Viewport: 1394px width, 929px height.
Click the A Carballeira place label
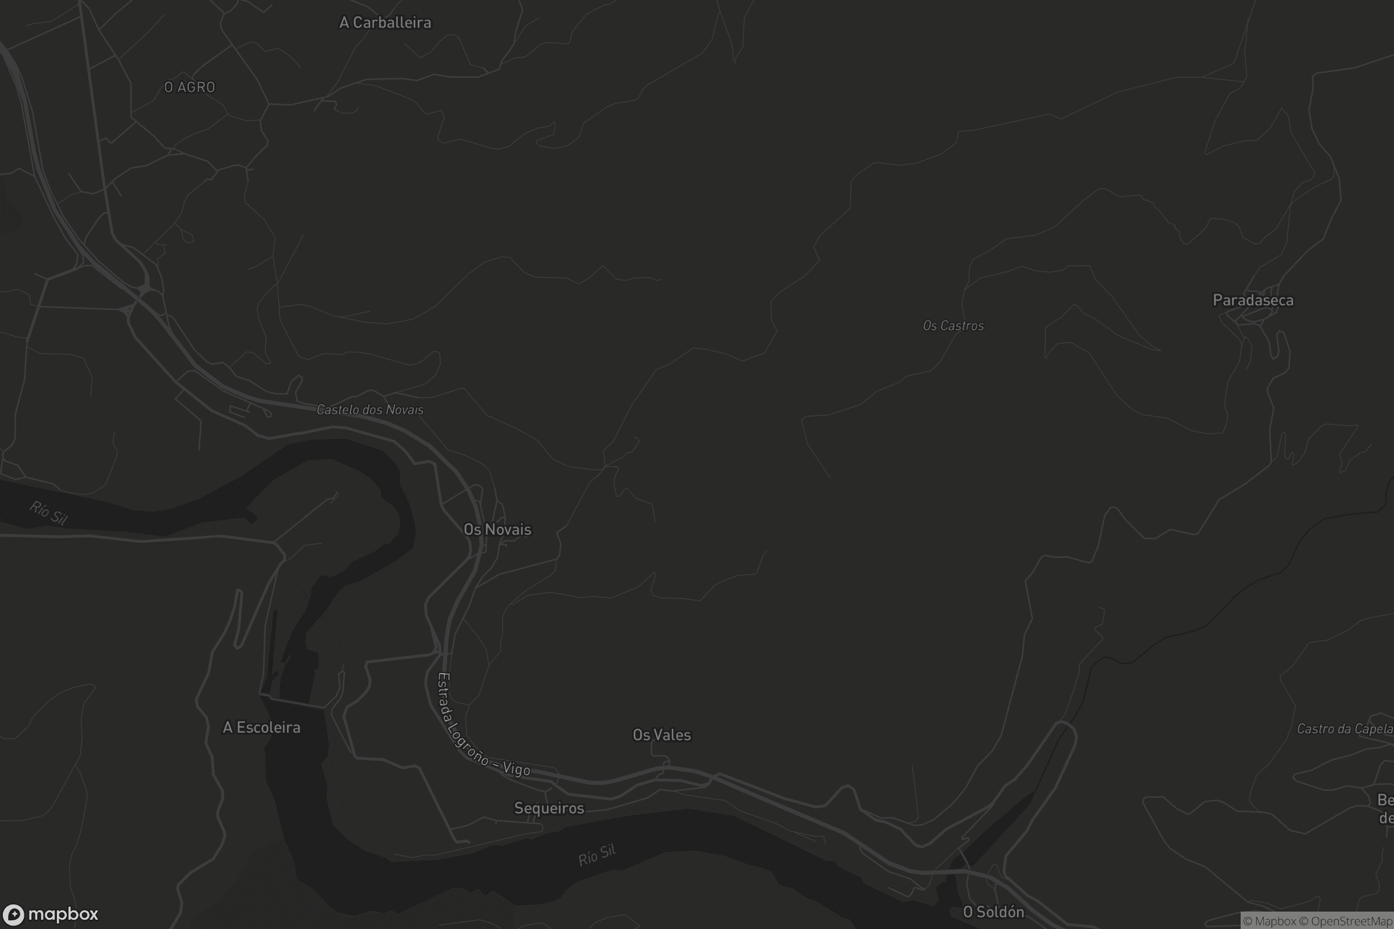pyautogui.click(x=385, y=23)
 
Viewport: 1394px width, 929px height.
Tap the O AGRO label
pyautogui.click(x=190, y=87)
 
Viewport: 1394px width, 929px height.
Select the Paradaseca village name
pyautogui.click(x=1253, y=300)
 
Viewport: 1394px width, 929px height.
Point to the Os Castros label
pyautogui.click(x=953, y=326)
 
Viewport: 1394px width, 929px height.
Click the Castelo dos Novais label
pyautogui.click(x=370, y=409)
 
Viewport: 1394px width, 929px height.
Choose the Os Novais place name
pyautogui.click(x=497, y=529)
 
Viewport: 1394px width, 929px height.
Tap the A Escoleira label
pyautogui.click(x=261, y=728)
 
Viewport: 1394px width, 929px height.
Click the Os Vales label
pyautogui.click(x=662, y=734)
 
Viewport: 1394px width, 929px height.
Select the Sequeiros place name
pyautogui.click(x=549, y=808)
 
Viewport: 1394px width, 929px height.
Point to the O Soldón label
pyautogui.click(x=993, y=912)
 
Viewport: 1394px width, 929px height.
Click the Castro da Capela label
pyautogui.click(x=1344, y=729)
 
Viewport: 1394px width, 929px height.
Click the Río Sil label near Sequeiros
pyautogui.click(x=597, y=855)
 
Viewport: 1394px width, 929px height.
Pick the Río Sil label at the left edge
pyautogui.click(x=49, y=513)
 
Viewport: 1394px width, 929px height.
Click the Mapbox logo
pyautogui.click(x=50, y=914)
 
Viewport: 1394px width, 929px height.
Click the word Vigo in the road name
pyautogui.click(x=516, y=769)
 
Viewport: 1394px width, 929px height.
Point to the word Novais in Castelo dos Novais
pyautogui.click(x=405, y=410)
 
